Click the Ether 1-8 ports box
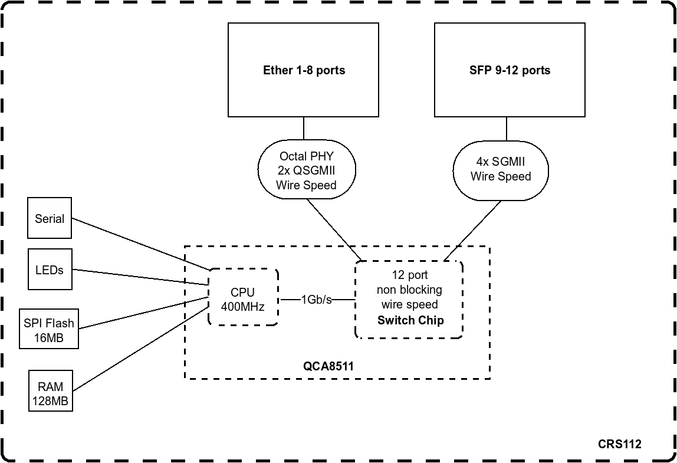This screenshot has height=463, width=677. (303, 70)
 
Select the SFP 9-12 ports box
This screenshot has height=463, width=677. (510, 70)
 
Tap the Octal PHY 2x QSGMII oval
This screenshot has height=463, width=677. (307, 170)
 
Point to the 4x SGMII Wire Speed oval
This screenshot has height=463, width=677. (501, 170)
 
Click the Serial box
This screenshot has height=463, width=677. (50, 218)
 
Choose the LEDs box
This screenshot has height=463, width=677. (50, 270)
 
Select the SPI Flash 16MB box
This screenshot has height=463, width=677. (49, 330)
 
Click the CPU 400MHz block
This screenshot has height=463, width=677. (242, 300)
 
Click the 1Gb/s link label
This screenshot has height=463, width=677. (316, 300)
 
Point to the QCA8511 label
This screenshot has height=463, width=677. (328, 366)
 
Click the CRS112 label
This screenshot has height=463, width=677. (619, 444)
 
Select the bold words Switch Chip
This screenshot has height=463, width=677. (410, 320)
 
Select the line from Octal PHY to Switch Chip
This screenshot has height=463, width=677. (333, 229)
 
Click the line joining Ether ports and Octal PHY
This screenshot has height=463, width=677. (304, 129)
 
